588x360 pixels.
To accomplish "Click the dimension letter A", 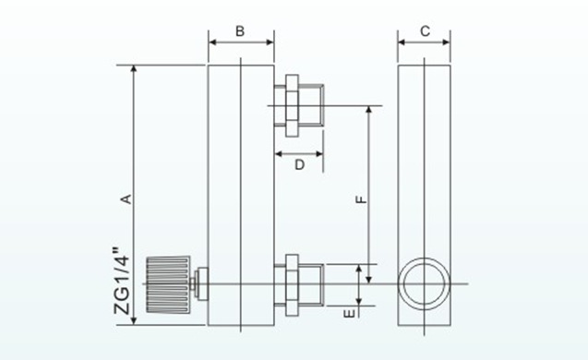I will tap(129, 197).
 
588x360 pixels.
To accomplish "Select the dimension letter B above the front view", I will tap(240, 30).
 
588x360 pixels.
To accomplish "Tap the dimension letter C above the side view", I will tap(425, 30).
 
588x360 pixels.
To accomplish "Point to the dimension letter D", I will tap(299, 164).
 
